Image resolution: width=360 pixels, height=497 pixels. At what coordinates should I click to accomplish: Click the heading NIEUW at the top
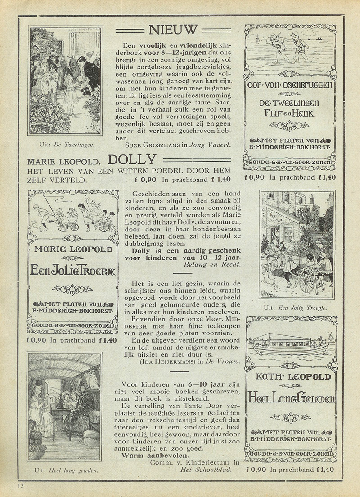(x=173, y=30)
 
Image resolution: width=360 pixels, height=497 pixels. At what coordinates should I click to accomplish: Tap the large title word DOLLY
(x=132, y=159)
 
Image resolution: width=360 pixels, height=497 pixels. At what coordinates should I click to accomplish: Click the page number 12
(x=21, y=486)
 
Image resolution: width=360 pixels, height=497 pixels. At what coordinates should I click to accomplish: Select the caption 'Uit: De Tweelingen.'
(x=65, y=145)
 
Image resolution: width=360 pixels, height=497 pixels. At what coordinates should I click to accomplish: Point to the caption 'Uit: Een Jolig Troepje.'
(x=296, y=307)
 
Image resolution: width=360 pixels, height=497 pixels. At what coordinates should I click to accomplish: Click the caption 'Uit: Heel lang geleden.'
(x=66, y=471)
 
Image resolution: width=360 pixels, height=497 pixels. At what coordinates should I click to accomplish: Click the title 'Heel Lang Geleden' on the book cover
(x=291, y=398)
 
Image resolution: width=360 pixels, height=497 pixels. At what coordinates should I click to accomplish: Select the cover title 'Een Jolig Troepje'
(x=72, y=271)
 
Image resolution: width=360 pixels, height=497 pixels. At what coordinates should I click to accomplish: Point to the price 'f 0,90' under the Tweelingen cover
(x=254, y=177)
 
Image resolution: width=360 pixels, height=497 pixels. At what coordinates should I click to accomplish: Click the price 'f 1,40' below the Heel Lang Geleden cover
(x=325, y=469)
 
